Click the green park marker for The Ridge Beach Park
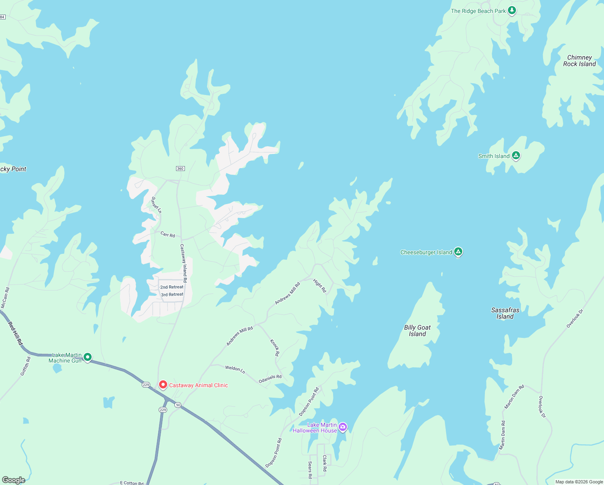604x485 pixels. point(512,10)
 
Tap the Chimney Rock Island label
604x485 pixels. point(579,61)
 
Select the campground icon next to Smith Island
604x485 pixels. point(516,155)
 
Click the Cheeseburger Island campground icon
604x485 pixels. point(458,251)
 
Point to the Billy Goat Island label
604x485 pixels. point(417,331)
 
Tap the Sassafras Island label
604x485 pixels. point(505,313)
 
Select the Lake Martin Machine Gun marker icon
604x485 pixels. point(88,357)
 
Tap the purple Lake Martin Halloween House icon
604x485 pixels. point(343,427)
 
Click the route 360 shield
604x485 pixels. point(180,169)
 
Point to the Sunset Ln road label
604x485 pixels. point(156,205)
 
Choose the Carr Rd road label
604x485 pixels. point(168,234)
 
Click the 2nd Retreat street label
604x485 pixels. point(172,287)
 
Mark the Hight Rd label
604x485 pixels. point(319,285)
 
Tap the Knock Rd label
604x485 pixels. point(275,348)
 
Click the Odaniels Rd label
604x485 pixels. point(270,379)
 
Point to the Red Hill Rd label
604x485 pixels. point(15,333)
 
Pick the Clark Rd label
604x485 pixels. point(324,463)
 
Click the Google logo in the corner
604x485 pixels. point(13,480)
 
